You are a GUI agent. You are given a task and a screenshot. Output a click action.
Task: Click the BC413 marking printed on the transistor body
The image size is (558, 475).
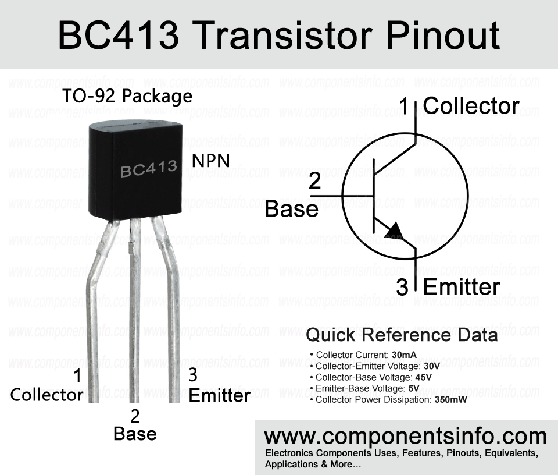click(x=149, y=169)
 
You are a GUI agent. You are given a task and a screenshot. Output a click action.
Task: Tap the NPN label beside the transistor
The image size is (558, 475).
click(x=210, y=161)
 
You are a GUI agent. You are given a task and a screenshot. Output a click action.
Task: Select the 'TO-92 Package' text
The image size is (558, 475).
click(x=127, y=97)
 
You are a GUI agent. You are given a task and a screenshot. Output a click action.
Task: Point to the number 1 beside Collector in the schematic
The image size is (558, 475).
click(x=404, y=106)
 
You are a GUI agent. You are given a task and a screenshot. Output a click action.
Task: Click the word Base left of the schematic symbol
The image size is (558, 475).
click(x=291, y=209)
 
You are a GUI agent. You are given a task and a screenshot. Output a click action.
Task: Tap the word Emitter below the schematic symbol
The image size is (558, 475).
click(x=462, y=287)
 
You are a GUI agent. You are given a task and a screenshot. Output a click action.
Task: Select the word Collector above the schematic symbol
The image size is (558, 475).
click(x=471, y=106)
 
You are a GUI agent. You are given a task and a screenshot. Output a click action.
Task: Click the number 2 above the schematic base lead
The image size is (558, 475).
click(x=315, y=182)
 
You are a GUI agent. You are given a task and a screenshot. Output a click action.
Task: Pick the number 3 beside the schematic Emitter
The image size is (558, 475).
click(x=402, y=287)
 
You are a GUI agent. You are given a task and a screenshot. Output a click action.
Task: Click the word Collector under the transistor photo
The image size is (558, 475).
click(x=46, y=395)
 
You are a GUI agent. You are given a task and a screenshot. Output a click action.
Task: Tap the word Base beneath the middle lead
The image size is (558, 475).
click(x=135, y=434)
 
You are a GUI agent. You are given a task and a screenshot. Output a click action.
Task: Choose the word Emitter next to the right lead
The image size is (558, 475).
click(x=220, y=396)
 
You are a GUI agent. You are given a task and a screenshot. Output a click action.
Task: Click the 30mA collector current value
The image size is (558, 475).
click(x=404, y=355)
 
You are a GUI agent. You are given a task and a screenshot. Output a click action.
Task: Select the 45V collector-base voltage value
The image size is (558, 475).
click(x=424, y=377)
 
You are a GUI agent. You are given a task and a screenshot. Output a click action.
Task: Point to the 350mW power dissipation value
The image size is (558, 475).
click(x=451, y=400)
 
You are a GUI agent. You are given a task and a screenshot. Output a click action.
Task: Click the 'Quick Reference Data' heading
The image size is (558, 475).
click(x=402, y=335)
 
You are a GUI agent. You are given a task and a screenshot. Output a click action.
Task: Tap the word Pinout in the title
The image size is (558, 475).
click(x=443, y=36)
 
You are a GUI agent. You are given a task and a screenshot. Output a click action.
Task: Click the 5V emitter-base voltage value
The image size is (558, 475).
click(x=414, y=388)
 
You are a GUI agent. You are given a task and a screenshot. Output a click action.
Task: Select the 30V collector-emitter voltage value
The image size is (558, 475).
click(x=432, y=366)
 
